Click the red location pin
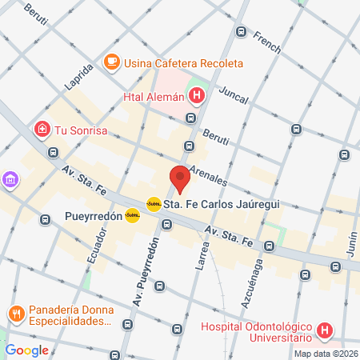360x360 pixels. pyautogui.click(x=180, y=178)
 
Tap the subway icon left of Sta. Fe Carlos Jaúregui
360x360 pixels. pyautogui.click(x=154, y=204)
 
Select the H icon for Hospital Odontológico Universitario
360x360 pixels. pyautogui.click(x=324, y=330)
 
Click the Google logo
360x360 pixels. pyautogui.click(x=27, y=350)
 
